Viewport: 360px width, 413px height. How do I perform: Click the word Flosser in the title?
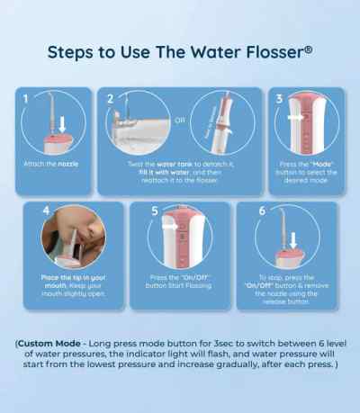pyautogui.click(x=274, y=50)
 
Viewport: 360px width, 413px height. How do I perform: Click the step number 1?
pyautogui.click(x=26, y=97)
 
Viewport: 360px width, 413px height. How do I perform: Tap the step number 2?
pyautogui.click(x=111, y=98)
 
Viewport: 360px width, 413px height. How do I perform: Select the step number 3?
pyautogui.click(x=279, y=97)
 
